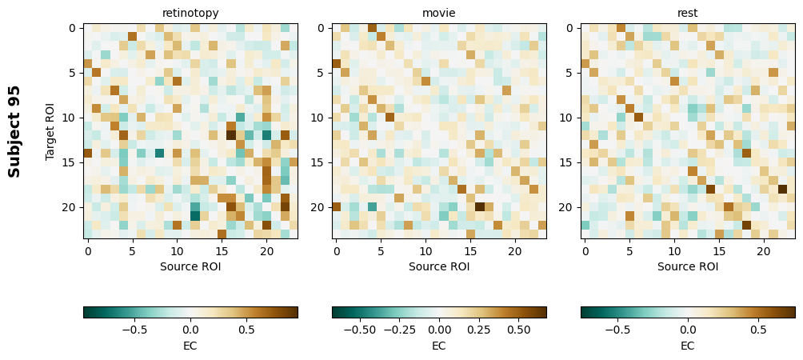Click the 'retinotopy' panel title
pyautogui.click(x=190, y=13)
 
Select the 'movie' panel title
pyautogui.click(x=439, y=13)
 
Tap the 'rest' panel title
pyautogui.click(x=688, y=13)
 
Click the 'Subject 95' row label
pyautogui.click(x=14, y=131)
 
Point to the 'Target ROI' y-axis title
pyautogui.click(x=50, y=131)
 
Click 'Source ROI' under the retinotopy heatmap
pyautogui.click(x=190, y=266)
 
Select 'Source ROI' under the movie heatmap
pyautogui.click(x=439, y=266)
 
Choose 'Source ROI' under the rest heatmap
pyautogui.click(x=688, y=266)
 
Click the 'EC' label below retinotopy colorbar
pyautogui.click(x=190, y=346)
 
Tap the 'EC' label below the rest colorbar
pyautogui.click(x=688, y=346)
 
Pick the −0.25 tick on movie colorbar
pyautogui.click(x=399, y=329)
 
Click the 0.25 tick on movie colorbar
pyautogui.click(x=479, y=329)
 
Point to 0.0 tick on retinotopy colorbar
pyautogui.click(x=190, y=329)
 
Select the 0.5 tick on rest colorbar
pyautogui.click(x=756, y=329)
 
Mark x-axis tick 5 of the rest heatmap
pyautogui.click(x=629, y=250)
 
